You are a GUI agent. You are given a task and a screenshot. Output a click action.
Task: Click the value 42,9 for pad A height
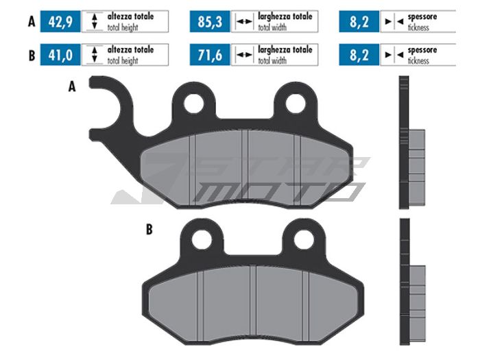point(60,21)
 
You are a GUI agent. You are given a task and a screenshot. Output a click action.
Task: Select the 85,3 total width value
point(210,21)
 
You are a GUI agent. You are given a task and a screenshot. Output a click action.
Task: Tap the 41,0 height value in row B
point(60,55)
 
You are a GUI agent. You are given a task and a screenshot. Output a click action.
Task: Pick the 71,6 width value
point(210,55)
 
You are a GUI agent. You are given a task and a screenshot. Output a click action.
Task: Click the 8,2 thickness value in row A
point(359,21)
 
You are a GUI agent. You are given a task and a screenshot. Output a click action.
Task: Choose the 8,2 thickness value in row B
point(359,55)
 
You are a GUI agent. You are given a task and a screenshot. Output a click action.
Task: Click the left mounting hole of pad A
point(194,104)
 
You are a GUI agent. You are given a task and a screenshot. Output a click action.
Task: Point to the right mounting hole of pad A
point(296,104)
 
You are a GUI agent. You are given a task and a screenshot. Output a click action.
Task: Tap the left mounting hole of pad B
point(202,239)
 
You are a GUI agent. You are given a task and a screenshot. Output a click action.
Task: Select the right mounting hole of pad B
point(303,239)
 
